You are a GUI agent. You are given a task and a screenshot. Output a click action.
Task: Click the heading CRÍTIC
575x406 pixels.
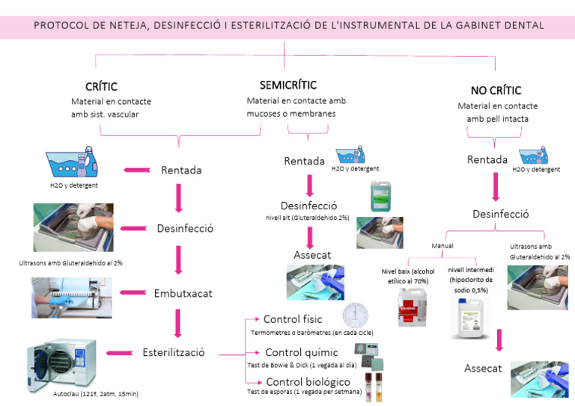[102, 87]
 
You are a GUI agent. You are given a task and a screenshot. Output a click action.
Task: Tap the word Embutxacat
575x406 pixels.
[183, 293]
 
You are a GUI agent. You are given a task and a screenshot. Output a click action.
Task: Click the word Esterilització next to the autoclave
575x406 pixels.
[173, 352]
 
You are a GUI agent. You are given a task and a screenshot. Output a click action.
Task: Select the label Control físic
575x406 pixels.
[293, 319]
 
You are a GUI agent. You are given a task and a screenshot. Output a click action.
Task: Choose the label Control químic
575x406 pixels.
[302, 352]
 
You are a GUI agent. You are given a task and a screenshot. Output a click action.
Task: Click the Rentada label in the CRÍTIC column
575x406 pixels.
[181, 170]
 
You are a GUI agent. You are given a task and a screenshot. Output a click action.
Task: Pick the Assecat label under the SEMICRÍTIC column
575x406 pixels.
[312, 255]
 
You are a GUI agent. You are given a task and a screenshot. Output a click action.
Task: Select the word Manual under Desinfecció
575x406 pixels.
[442, 244]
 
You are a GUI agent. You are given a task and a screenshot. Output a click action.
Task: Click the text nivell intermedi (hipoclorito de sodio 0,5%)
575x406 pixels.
[472, 280]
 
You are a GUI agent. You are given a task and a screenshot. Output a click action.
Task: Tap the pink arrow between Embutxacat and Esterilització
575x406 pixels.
[179, 322]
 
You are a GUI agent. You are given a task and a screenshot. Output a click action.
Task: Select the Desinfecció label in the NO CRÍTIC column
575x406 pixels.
[501, 214]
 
